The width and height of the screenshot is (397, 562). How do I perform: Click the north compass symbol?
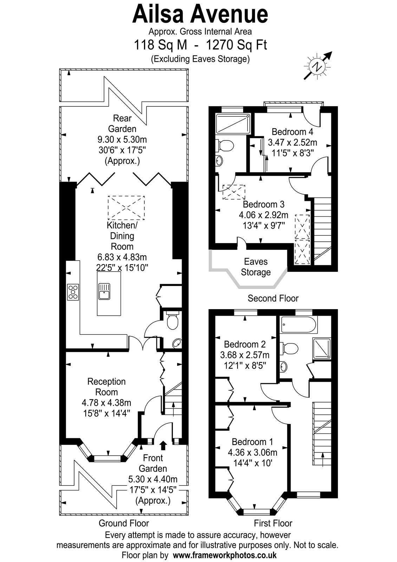point(318,66)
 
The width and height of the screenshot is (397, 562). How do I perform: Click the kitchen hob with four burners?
point(73,292)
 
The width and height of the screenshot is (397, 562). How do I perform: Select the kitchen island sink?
point(104,291)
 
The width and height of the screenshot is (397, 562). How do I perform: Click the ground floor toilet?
point(173,320)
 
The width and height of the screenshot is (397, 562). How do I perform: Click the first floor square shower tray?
point(321,348)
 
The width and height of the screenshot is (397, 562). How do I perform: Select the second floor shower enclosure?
point(233,124)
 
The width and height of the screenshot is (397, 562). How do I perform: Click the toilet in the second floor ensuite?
point(226,146)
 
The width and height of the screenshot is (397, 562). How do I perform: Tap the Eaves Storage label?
point(256,267)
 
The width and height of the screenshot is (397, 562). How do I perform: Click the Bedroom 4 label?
point(292,131)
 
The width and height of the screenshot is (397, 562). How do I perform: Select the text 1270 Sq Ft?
point(236,45)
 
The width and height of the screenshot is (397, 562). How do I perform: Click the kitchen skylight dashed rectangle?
point(126,208)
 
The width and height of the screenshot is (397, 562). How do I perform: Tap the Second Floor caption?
point(273,298)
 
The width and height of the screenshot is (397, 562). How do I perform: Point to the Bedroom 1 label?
point(253,442)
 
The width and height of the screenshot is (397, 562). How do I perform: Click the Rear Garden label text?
point(122,123)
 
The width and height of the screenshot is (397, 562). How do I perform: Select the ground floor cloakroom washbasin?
point(177,344)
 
